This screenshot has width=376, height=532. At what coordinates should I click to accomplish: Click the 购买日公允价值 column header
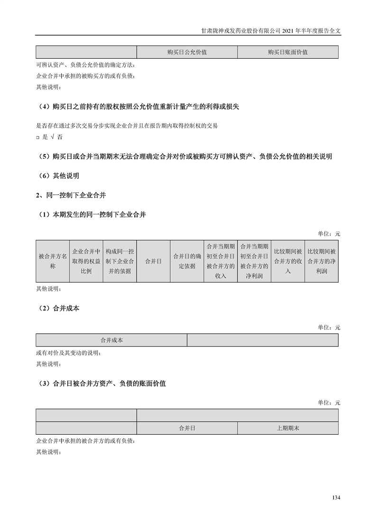coord(187,52)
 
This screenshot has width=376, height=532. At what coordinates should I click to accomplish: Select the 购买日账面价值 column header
coord(287,52)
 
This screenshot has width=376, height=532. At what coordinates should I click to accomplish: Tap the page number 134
coord(336,498)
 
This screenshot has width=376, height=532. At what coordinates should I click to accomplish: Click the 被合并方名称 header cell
coord(53,261)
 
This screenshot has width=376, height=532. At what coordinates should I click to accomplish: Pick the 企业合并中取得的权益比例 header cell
coord(86,261)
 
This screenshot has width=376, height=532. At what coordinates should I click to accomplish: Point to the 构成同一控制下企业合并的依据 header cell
coord(119,261)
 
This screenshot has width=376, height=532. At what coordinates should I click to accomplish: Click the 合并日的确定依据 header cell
coord(187,261)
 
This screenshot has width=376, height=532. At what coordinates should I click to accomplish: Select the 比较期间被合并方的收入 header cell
coord(287,261)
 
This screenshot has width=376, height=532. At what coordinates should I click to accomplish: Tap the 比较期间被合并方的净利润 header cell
coord(321,261)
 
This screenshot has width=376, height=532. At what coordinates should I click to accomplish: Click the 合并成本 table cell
coord(111,340)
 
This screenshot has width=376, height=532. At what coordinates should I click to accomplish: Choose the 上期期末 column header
coord(287,428)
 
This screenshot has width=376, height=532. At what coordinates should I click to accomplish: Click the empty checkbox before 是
coord(37,137)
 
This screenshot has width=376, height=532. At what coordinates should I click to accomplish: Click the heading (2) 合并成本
coord(59,308)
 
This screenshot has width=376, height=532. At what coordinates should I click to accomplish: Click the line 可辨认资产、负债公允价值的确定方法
coord(88,64)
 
